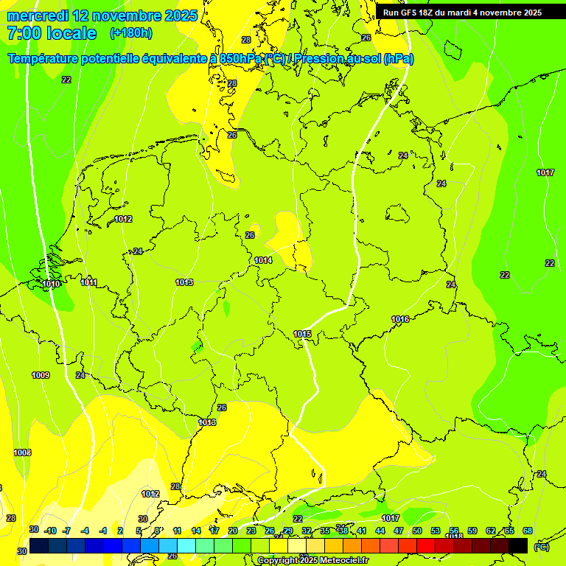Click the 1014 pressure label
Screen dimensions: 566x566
[263, 260]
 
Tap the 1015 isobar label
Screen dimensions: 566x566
[302, 334]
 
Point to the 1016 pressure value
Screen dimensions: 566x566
[400, 319]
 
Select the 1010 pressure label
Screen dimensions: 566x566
[51, 284]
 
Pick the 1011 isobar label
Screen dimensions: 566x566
[89, 282]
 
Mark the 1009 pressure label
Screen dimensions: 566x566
[41, 375]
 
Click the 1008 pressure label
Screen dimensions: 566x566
[22, 453]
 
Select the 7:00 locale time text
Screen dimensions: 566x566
[52, 33]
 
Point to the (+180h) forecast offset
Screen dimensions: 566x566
[130, 33]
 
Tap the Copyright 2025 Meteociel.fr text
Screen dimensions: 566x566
[312, 561]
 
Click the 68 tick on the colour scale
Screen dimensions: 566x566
[527, 531]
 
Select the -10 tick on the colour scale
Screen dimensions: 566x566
[50, 531]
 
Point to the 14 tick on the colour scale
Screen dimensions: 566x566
[196, 531]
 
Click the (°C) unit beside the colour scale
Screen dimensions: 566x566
[540, 546]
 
